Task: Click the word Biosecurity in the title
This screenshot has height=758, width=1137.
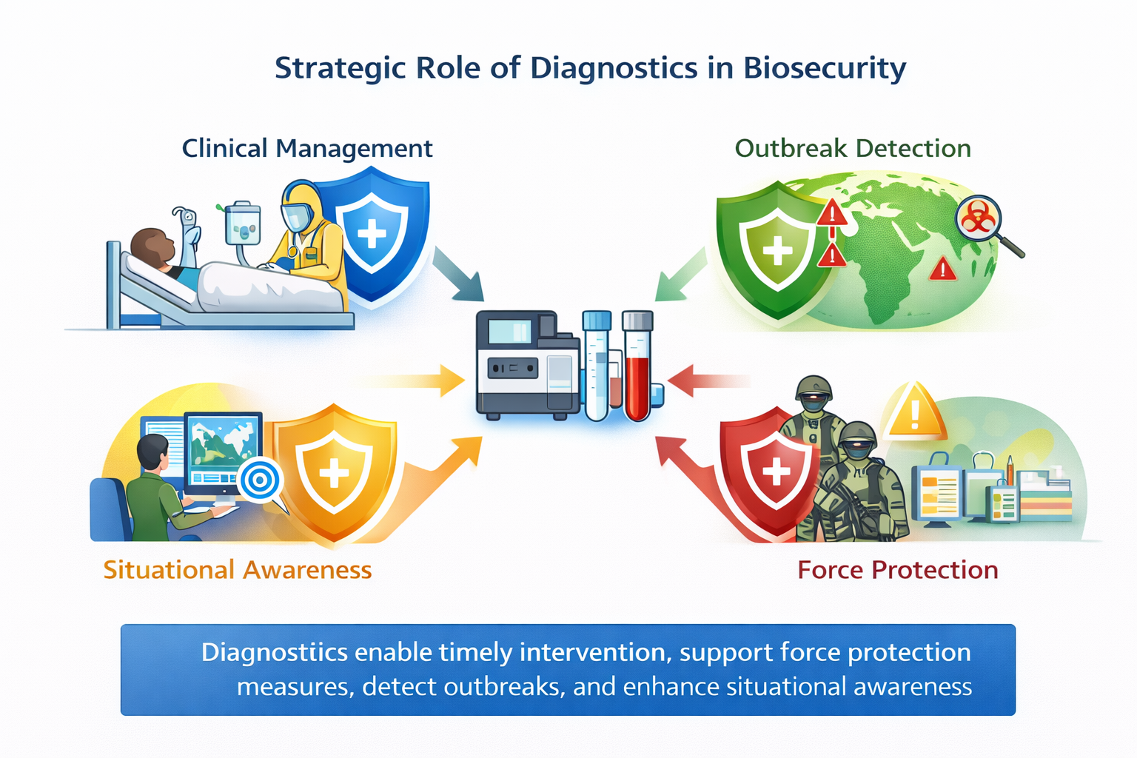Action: [x=825, y=68]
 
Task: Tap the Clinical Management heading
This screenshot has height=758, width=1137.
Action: [x=307, y=148]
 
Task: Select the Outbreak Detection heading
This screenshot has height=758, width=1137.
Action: [x=853, y=148]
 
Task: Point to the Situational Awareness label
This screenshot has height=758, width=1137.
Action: [x=238, y=570]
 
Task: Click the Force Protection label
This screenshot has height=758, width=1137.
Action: [x=898, y=570]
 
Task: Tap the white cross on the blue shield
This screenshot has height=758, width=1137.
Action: [x=372, y=235]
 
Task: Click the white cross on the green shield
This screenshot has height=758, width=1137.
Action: [x=777, y=250]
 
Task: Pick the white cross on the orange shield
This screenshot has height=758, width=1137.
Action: [x=334, y=472]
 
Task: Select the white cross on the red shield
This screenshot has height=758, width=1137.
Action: [x=776, y=472]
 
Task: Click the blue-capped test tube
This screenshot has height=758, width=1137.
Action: [x=597, y=366]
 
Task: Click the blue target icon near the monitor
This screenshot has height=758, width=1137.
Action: [x=259, y=480]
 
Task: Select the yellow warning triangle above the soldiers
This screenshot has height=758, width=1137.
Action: [x=916, y=412]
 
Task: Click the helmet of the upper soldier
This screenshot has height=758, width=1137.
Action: [x=813, y=387]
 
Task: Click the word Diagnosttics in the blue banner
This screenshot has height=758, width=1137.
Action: [x=275, y=652]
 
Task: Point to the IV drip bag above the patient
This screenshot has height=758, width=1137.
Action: [x=242, y=223]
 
